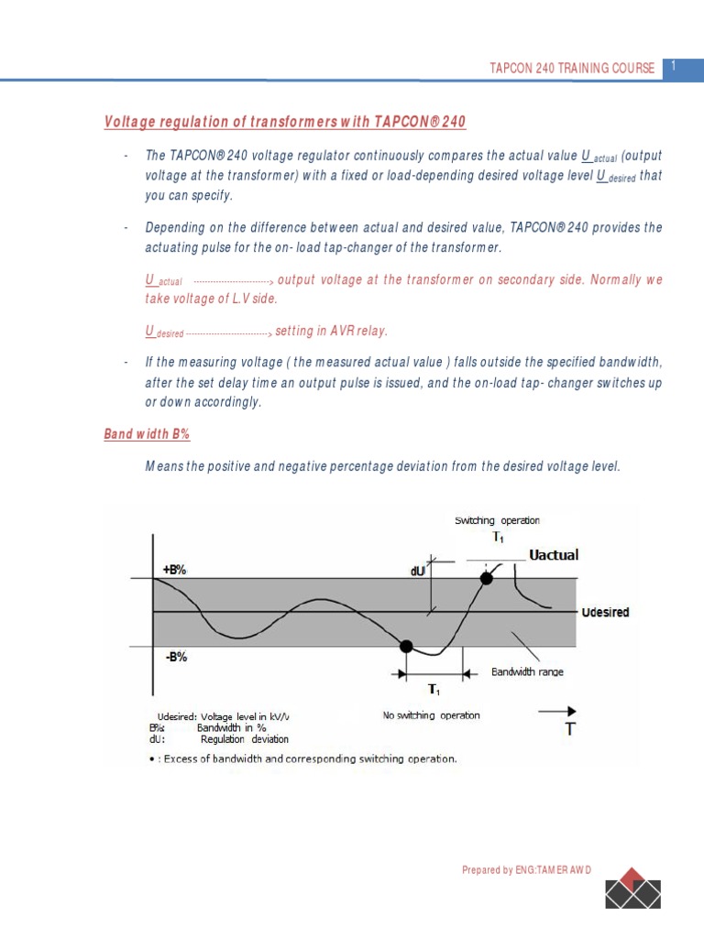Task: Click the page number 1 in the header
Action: point(674,66)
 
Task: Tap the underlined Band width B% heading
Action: point(147,434)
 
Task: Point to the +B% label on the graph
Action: point(174,569)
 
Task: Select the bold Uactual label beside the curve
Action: point(554,555)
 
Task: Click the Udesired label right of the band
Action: point(605,612)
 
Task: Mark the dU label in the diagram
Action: point(418,570)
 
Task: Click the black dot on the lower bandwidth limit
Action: point(406,647)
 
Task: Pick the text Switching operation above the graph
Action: point(498,520)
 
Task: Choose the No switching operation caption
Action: point(431,715)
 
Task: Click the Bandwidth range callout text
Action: point(527,671)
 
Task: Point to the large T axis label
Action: point(570,730)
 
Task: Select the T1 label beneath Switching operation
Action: point(498,538)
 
